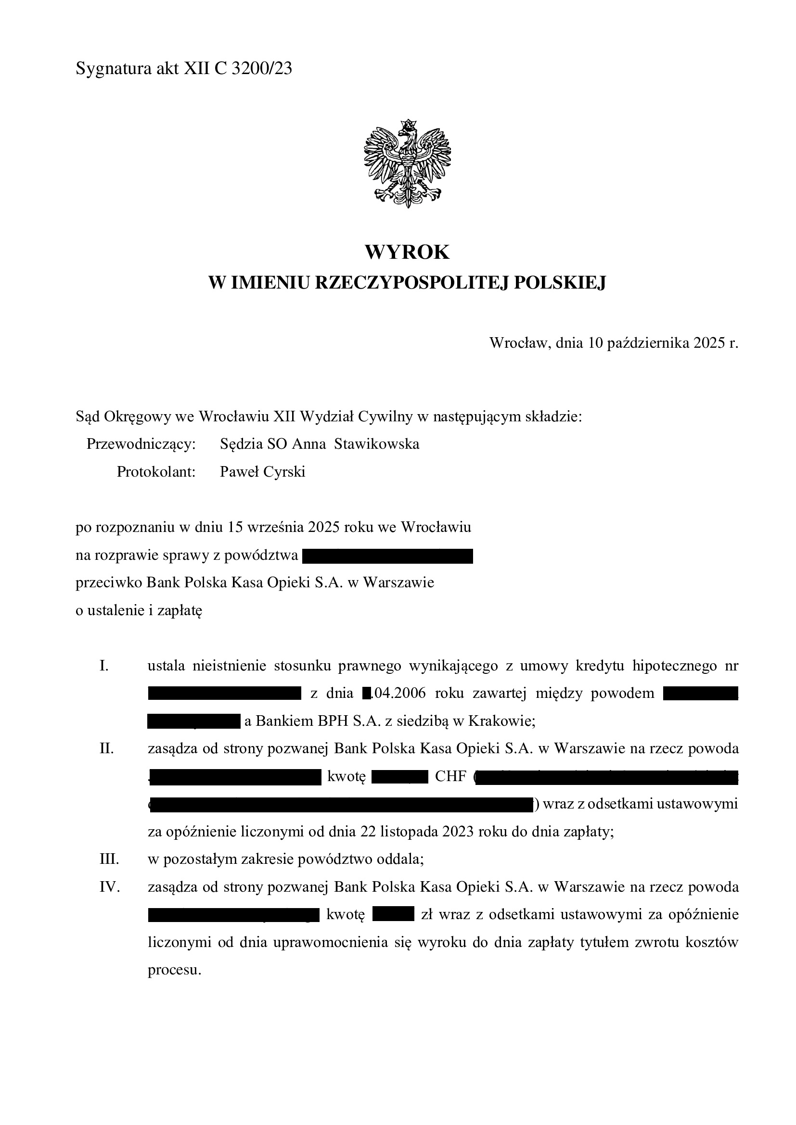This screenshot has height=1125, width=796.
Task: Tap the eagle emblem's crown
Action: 407,125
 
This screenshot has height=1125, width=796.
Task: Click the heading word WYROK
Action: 407,253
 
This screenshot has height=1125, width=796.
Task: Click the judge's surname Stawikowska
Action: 376,444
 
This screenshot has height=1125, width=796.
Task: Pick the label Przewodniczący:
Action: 141,444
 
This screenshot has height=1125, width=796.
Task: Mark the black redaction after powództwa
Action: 388,556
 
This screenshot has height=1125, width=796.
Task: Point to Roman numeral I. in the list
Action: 104,665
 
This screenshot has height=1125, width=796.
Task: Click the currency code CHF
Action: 450,777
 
